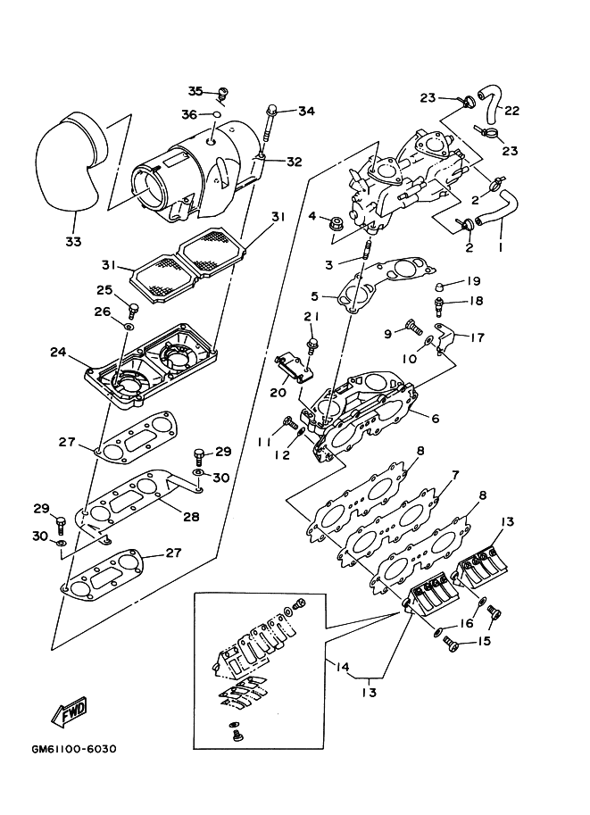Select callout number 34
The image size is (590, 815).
click(x=307, y=112)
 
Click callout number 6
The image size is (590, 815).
click(x=435, y=419)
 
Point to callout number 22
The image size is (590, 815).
click(x=512, y=111)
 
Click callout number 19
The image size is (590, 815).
click(x=475, y=280)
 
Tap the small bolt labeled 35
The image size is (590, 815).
click(x=224, y=93)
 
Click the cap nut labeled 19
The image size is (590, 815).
click(x=440, y=286)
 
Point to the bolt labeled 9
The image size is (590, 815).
click(x=413, y=326)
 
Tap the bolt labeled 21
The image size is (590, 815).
click(x=312, y=342)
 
